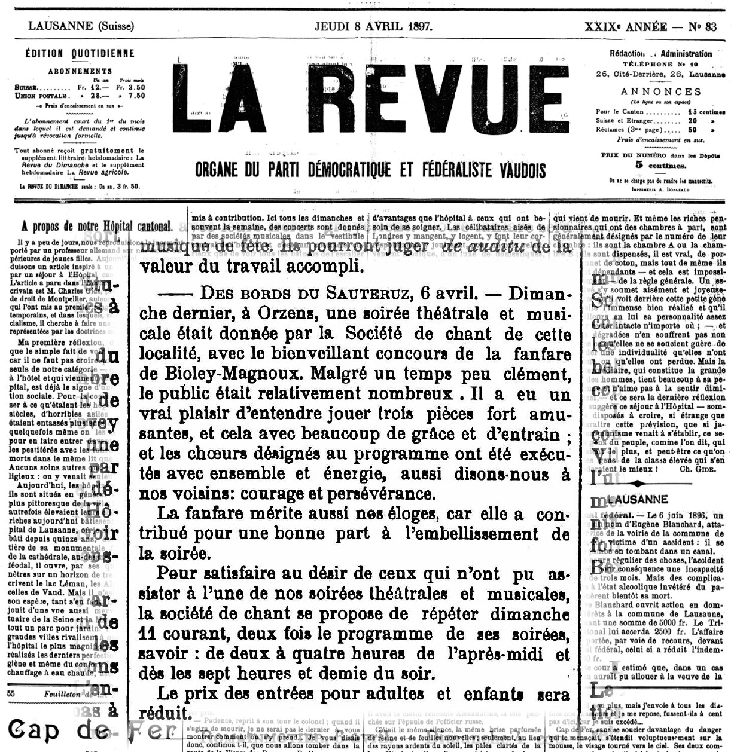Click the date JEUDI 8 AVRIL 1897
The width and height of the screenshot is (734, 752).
[374, 26]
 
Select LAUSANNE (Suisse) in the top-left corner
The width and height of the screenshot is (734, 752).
[81, 26]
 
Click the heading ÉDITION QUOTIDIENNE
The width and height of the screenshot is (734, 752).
[80, 53]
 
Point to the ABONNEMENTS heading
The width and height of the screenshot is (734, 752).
[80, 71]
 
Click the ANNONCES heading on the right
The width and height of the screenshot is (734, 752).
[660, 91]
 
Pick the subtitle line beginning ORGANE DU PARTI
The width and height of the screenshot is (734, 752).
[370, 171]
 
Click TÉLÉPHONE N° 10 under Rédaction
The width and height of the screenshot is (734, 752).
[660, 63]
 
